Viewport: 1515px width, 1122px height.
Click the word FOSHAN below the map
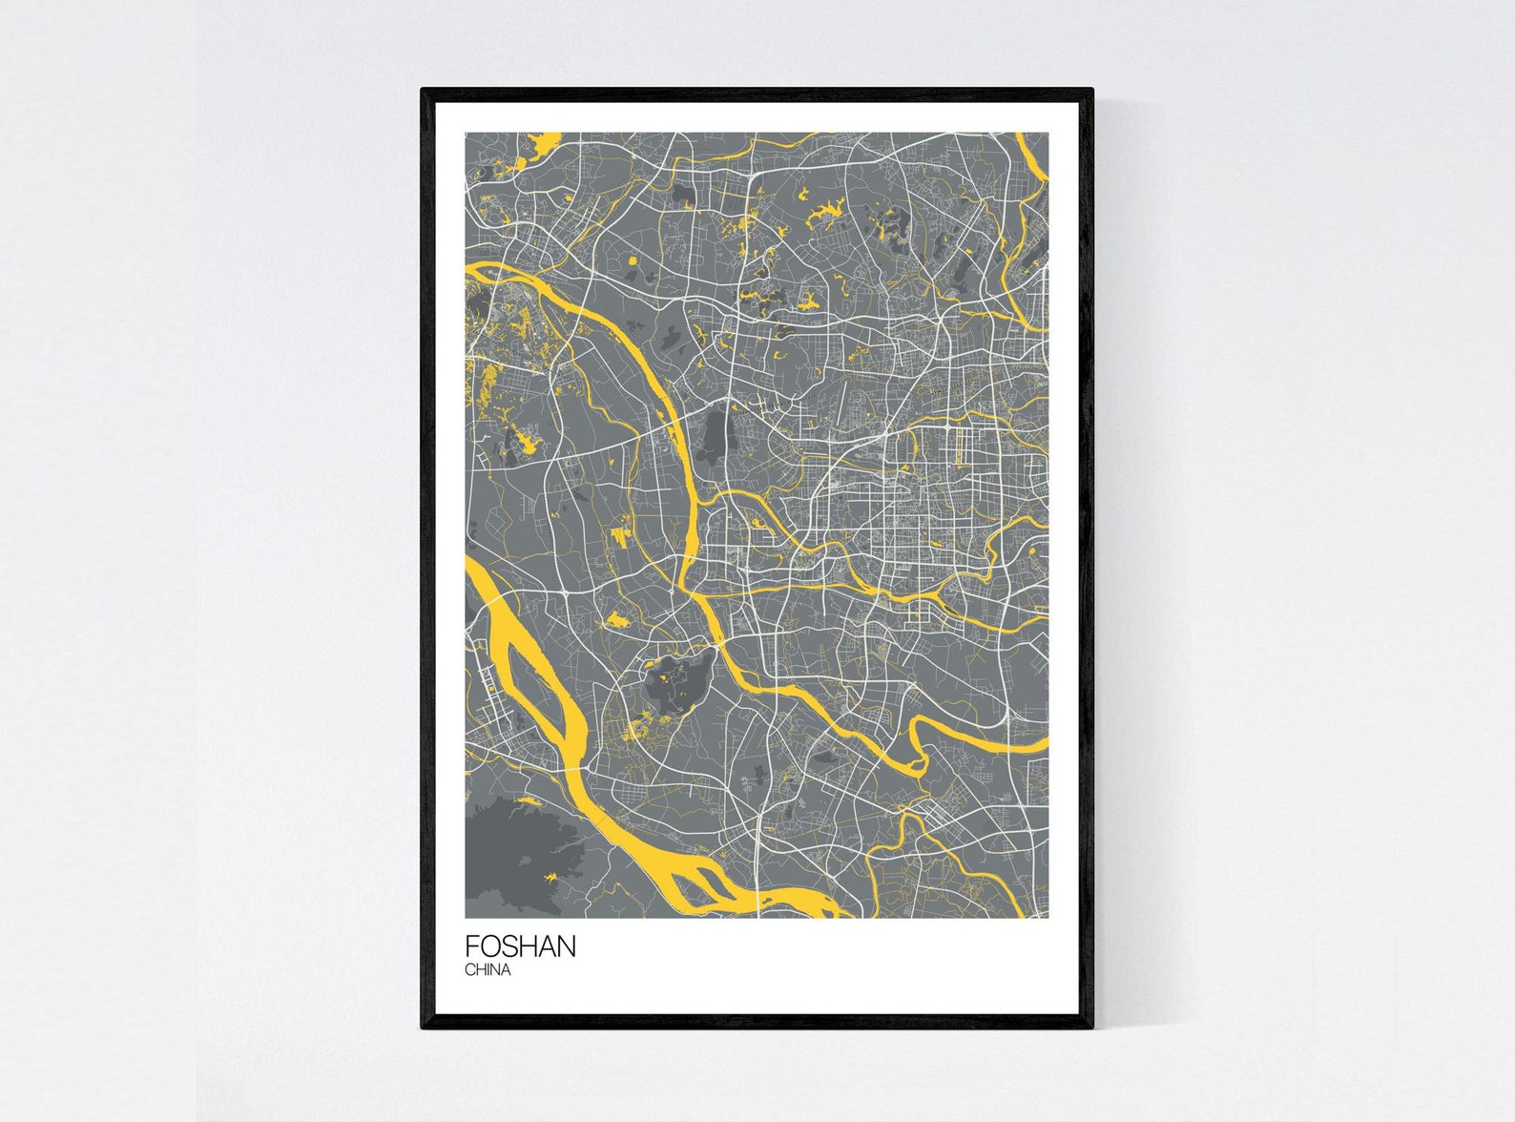(x=520, y=945)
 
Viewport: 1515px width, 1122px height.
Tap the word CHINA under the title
(x=488, y=969)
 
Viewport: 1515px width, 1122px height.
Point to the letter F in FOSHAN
(x=471, y=945)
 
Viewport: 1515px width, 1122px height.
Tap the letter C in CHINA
(x=469, y=969)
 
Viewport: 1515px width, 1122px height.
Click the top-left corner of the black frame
(x=424, y=91)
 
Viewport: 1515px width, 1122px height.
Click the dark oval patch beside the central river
(x=714, y=437)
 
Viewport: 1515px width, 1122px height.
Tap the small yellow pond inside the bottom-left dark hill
(x=550, y=875)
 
